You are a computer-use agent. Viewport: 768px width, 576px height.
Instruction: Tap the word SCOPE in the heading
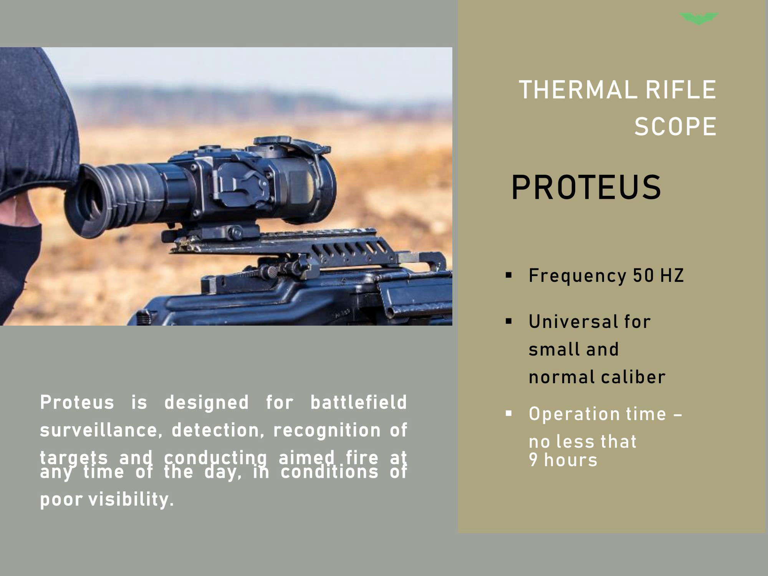pyautogui.click(x=675, y=126)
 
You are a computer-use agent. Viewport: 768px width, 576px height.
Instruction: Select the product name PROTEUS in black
pyautogui.click(x=586, y=187)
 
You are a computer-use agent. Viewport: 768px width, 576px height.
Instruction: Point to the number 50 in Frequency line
pyautogui.click(x=643, y=275)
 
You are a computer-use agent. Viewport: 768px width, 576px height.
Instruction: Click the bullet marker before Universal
pyautogui.click(x=509, y=321)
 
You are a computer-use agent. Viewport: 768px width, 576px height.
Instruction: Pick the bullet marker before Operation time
pyautogui.click(x=509, y=413)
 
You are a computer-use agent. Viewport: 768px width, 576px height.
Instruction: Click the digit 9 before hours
pyautogui.click(x=533, y=460)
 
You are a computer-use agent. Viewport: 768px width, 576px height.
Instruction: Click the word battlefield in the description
pyautogui.click(x=358, y=402)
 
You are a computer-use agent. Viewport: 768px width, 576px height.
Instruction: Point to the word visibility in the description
pyautogui.click(x=131, y=500)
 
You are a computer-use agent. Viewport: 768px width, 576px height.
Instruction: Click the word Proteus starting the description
pyautogui.click(x=77, y=402)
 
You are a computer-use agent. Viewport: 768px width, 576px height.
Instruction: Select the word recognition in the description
pyautogui.click(x=326, y=430)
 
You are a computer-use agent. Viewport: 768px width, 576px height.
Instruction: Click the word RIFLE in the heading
pyautogui.click(x=680, y=90)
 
